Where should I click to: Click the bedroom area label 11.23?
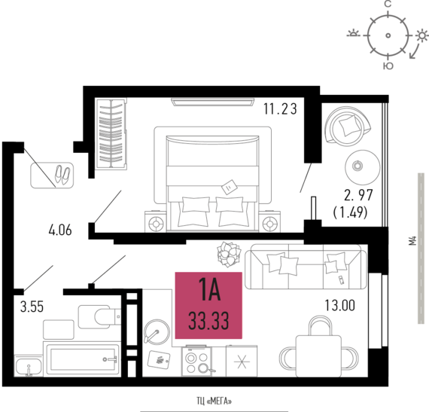click(280, 109)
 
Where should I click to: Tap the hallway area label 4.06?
click(60, 230)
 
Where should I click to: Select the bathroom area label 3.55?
click(32, 307)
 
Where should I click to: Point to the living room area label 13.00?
click(339, 306)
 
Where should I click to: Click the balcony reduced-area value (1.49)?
click(350, 212)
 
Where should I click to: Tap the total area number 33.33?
click(208, 321)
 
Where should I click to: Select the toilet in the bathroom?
click(100, 317)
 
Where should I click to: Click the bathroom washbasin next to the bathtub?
click(29, 366)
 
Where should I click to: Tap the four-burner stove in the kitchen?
click(196, 361)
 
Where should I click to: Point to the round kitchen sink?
click(157, 332)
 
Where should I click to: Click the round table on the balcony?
click(363, 167)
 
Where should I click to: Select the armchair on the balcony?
click(348, 126)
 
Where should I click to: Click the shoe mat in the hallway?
click(52, 175)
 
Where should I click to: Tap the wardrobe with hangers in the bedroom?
click(111, 133)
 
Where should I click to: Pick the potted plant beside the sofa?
click(229, 254)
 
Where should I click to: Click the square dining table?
click(319, 356)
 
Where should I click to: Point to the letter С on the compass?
click(388, 4)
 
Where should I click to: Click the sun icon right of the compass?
click(422, 35)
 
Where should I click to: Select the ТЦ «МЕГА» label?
click(214, 401)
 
